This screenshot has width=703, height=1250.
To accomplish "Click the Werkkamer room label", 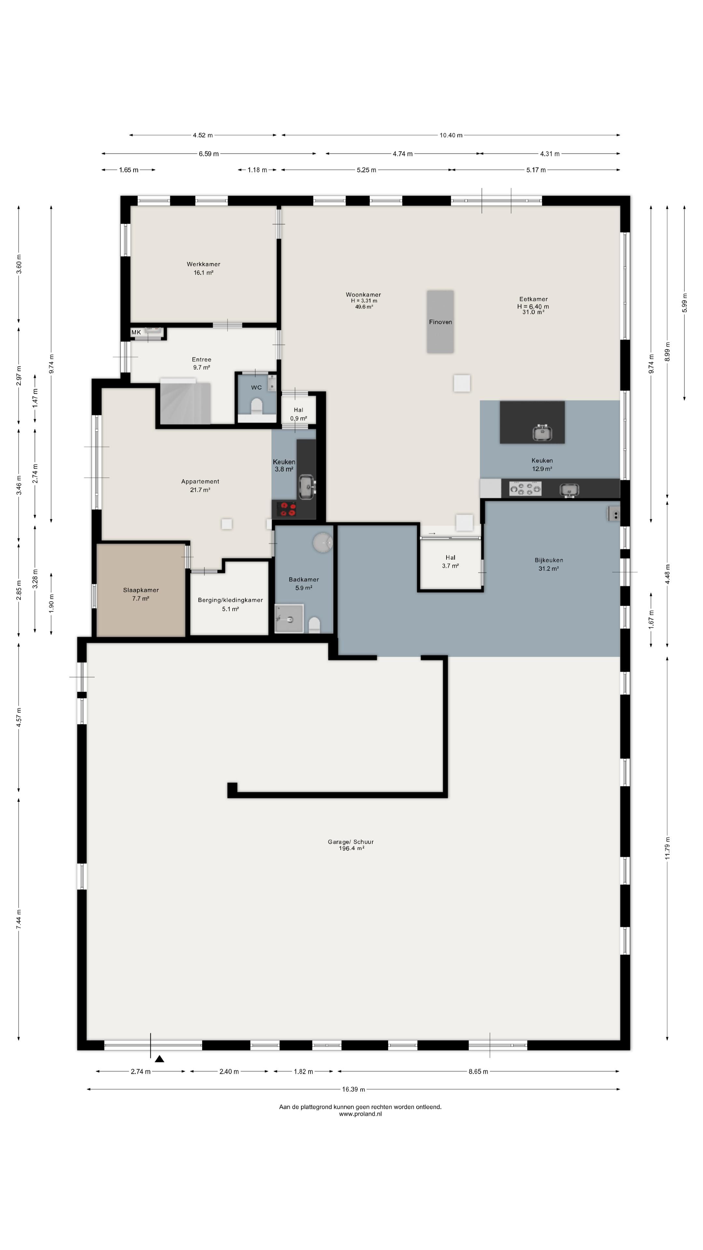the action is pyautogui.click(x=203, y=264).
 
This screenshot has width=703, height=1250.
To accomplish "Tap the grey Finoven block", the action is pyautogui.click(x=440, y=322).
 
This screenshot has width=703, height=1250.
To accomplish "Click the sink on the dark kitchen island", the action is pyautogui.click(x=542, y=432).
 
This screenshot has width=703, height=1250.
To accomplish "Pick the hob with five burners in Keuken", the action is pyautogui.click(x=525, y=489).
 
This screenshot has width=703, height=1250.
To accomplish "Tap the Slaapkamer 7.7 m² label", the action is pyautogui.click(x=141, y=594).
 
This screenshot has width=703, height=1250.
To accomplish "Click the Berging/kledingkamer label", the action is pyautogui.click(x=230, y=600).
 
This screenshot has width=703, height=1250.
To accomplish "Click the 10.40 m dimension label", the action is pyautogui.click(x=451, y=135).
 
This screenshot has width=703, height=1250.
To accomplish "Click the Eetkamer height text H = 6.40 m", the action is pyautogui.click(x=533, y=307).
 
